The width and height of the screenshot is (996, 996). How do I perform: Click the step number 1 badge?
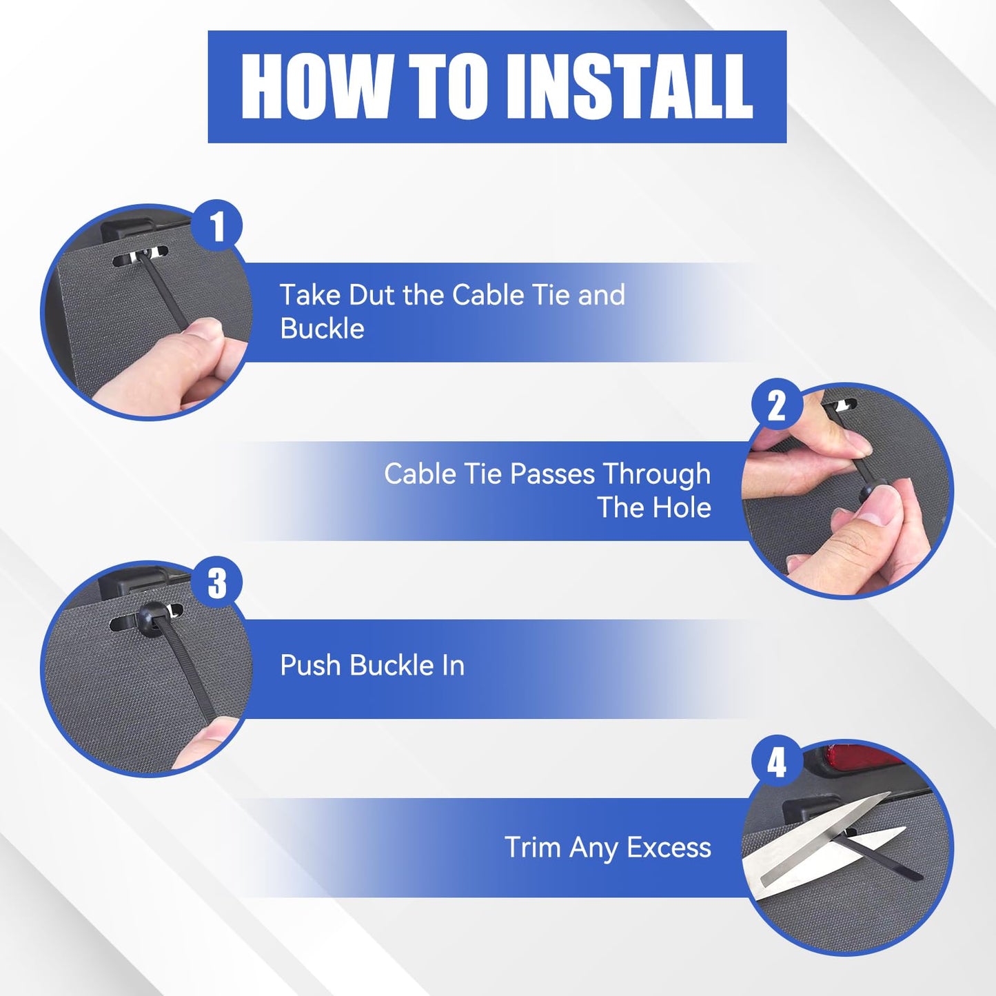tap(217, 225)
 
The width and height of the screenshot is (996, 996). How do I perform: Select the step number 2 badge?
tap(776, 406)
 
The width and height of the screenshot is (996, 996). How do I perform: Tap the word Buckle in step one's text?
tap(322, 328)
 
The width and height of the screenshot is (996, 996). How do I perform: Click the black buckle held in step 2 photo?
tap(868, 496)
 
